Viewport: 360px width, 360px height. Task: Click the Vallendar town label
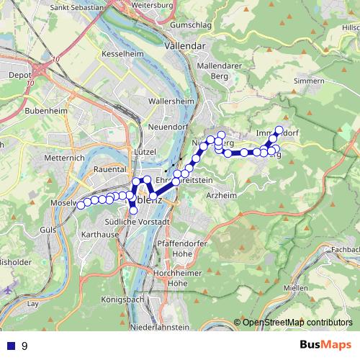pos(185,45)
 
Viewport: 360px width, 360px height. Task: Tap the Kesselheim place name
pos(125,54)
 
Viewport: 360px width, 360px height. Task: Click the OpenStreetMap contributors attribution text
pos(297,323)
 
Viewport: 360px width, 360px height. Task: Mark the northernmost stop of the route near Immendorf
pos(280,130)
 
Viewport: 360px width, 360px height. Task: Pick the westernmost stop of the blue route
pos(81,204)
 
